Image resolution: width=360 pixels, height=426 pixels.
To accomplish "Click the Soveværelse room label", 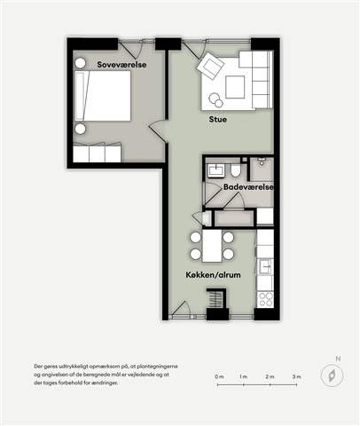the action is tap(121, 65).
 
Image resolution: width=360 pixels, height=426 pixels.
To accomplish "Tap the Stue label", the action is tap(218, 120).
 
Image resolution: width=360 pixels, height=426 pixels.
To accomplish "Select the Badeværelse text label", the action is tap(248, 187).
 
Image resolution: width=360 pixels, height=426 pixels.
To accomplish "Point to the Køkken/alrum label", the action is tap(213, 275).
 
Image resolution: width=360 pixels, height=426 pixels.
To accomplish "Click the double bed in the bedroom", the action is tap(103, 96).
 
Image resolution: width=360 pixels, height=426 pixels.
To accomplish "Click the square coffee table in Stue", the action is tap(235, 87).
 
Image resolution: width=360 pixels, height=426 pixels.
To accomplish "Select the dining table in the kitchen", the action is tap(212, 246).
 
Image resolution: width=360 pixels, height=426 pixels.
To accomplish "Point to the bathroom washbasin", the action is tap(216, 170).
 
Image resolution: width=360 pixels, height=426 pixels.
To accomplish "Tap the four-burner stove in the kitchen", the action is tap(265, 299).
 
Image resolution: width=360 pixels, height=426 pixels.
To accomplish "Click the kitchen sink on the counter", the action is tap(266, 267).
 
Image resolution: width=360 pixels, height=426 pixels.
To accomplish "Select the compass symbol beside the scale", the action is tap(333, 376).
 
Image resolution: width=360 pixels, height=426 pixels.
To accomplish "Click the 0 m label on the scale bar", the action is tap(219, 376).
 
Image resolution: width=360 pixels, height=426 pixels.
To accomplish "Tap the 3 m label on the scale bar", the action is tap(297, 376).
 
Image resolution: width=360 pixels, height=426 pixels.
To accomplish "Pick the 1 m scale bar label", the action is tap(243, 376).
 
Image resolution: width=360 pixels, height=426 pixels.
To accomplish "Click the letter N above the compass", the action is tap(338, 359).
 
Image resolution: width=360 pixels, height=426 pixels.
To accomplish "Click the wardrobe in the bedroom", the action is tap(97, 153).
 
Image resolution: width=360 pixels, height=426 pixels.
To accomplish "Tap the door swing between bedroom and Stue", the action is tap(158, 131).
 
